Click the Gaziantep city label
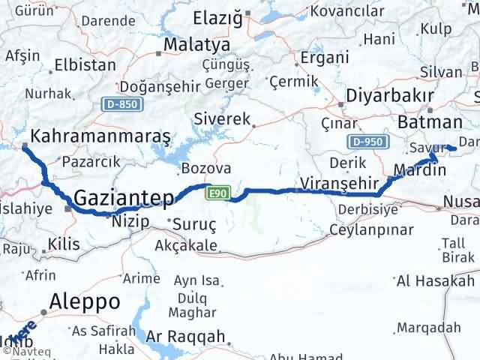click(x=124, y=198)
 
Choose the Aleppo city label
click(x=85, y=301)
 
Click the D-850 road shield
click(x=122, y=103)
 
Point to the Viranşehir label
click(x=331, y=183)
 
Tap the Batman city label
click(x=430, y=123)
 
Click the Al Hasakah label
click(x=436, y=280)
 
